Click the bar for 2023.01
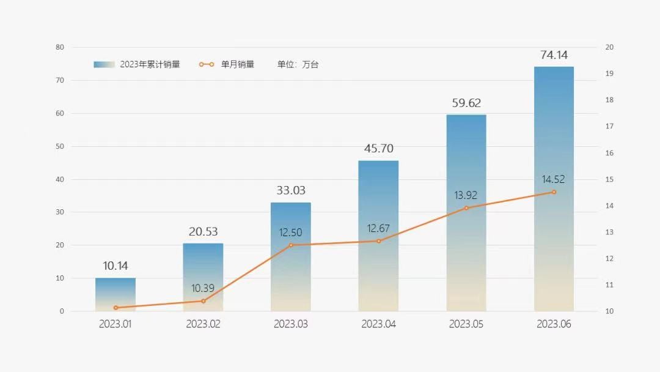pyautogui.click(x=116, y=294)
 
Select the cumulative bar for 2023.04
pyautogui.click(x=378, y=236)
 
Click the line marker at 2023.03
pyautogui.click(x=291, y=245)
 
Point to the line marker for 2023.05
pyautogui.click(x=466, y=208)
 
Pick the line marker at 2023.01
pyautogui.click(x=116, y=308)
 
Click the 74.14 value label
pyautogui.click(x=554, y=55)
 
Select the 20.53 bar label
pyautogui.click(x=203, y=232)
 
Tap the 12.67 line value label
pyautogui.click(x=378, y=229)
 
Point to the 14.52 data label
pyautogui.click(x=554, y=179)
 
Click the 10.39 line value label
pyautogui.click(x=203, y=288)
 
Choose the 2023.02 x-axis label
pyautogui.click(x=203, y=324)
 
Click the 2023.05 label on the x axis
pyautogui.click(x=466, y=324)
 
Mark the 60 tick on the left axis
pyautogui.click(x=60, y=113)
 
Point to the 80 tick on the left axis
pyautogui.click(x=60, y=47)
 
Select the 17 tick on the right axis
pyautogui.click(x=609, y=126)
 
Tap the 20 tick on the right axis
pyautogui.click(x=609, y=47)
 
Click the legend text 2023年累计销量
pyautogui.click(x=150, y=64)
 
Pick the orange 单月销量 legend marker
pyautogui.click(x=207, y=64)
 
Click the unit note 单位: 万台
pyautogui.click(x=298, y=64)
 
